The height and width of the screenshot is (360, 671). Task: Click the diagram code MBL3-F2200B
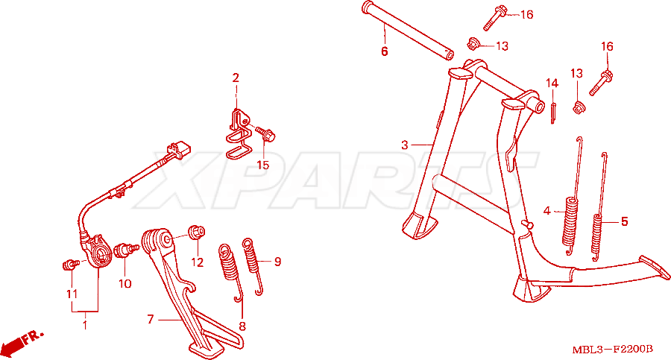click(x=613, y=350)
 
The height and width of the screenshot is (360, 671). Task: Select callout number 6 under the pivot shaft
click(x=384, y=51)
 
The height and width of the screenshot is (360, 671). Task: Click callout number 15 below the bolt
click(x=262, y=165)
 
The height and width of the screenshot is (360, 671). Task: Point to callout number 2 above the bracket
click(x=236, y=78)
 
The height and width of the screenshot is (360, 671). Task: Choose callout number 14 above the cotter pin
click(x=552, y=83)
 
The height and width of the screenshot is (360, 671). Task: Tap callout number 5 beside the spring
click(x=624, y=221)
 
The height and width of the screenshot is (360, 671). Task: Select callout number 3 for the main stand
click(x=404, y=145)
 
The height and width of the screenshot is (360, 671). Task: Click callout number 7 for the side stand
click(x=150, y=319)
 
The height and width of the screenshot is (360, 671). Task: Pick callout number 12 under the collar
click(x=198, y=262)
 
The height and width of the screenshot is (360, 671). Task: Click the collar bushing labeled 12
click(x=197, y=232)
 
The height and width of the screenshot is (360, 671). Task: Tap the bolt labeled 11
click(x=70, y=265)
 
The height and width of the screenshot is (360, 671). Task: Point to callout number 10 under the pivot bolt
click(x=125, y=283)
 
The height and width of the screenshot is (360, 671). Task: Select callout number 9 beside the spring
click(x=277, y=261)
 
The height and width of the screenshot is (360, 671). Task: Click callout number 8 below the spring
click(x=242, y=326)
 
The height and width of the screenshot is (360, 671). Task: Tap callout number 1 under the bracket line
click(x=85, y=325)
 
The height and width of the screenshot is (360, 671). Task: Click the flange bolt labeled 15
click(x=265, y=133)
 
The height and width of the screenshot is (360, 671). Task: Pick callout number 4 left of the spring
click(x=546, y=211)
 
